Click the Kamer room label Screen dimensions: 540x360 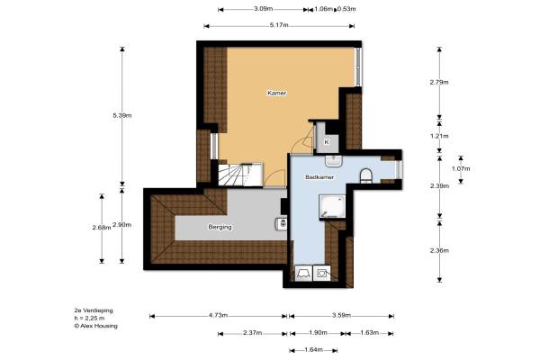point(277,93)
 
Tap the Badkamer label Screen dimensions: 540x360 point(319,177)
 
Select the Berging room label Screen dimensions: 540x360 point(220,227)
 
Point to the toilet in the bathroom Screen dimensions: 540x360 point(365,175)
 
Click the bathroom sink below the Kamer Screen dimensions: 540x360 point(333,160)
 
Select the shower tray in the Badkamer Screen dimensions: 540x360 point(332,206)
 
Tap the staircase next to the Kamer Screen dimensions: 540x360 point(240,175)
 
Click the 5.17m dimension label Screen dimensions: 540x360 point(279,25)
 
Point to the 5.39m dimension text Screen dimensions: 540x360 point(122,116)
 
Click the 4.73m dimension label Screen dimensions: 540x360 point(218,315)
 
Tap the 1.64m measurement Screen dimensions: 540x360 point(313,350)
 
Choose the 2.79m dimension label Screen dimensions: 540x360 point(439,82)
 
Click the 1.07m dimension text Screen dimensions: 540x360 point(461,169)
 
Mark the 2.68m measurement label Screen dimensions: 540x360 point(102,228)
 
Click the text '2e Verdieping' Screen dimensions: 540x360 point(94,310)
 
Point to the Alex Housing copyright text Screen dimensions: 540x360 point(96,326)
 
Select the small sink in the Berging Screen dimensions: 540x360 point(281,224)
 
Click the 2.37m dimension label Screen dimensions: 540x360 point(252,333)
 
